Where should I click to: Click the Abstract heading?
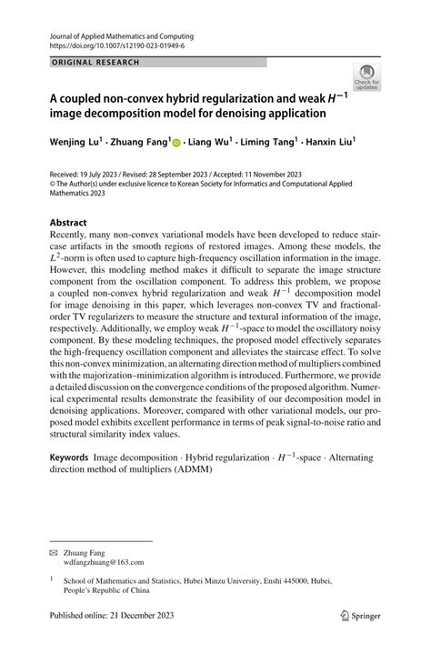point(69,222)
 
